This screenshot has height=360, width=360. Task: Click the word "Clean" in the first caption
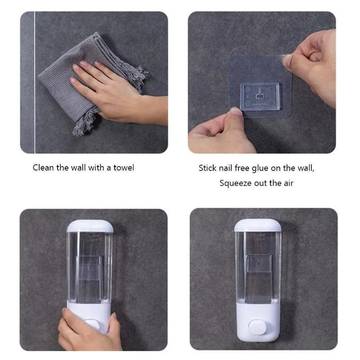(44, 168)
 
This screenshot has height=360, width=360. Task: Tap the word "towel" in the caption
(123, 168)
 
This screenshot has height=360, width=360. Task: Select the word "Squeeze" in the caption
(235, 183)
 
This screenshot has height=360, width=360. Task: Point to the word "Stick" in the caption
(208, 168)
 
